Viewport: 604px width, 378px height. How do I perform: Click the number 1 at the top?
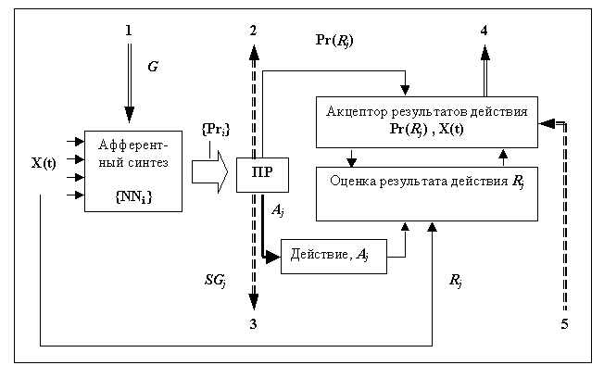pyautogui.click(x=129, y=31)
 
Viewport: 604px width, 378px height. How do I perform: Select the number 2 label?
pyautogui.click(x=254, y=31)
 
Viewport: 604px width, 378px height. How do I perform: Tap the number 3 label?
pyautogui.click(x=254, y=323)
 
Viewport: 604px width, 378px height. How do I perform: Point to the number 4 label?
pyautogui.click(x=484, y=31)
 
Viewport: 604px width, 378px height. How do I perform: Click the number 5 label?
pyautogui.click(x=564, y=323)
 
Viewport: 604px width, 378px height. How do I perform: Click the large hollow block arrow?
pyautogui.click(x=210, y=173)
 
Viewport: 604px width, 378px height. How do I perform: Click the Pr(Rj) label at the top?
pyautogui.click(x=334, y=42)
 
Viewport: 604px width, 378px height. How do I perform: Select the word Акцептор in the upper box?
pyautogui.click(x=358, y=111)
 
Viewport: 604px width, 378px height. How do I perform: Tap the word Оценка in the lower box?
pyautogui.click(x=351, y=180)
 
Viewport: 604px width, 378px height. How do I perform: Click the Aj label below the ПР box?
pyautogui.click(x=277, y=212)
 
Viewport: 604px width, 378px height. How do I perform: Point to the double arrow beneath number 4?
pyautogui.click(x=484, y=69)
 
